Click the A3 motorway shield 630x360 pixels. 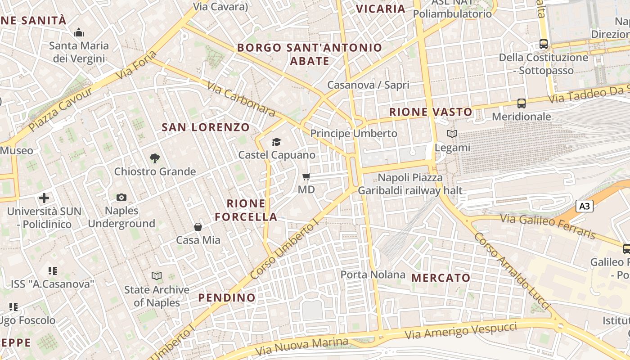(x=584, y=207)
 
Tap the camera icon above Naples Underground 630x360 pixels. (x=121, y=197)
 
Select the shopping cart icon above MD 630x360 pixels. (x=306, y=176)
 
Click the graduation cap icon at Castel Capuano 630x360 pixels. (x=276, y=142)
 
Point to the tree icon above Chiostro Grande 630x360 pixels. (x=155, y=158)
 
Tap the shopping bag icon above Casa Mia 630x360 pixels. (x=198, y=227)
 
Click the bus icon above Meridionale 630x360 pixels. (x=521, y=103)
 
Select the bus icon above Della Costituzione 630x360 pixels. (x=544, y=44)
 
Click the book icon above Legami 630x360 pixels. (x=452, y=134)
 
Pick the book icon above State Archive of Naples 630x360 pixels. (x=157, y=276)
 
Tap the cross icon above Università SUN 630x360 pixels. (x=44, y=198)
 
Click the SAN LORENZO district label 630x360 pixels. (x=205, y=127)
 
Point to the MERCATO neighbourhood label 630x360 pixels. (x=441, y=278)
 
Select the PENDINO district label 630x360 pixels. (x=227, y=297)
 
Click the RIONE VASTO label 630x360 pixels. (x=431, y=112)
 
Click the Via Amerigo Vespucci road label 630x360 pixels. (x=461, y=331)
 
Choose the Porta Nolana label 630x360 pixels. (x=373, y=274)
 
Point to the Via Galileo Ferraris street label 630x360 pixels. (x=548, y=225)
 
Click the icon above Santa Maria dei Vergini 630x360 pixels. (x=79, y=32)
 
